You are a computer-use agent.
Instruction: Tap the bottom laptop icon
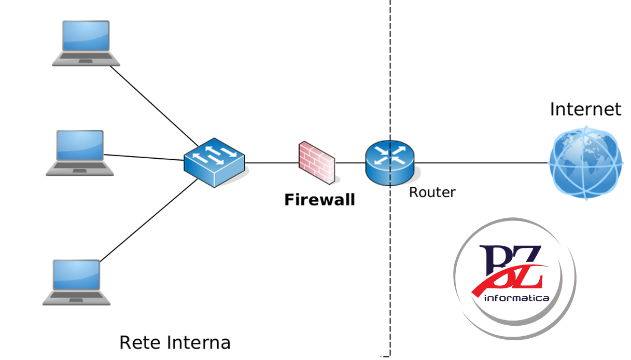coord(77,282)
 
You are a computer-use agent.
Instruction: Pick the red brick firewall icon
coord(316,162)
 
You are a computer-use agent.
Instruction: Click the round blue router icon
coord(389,162)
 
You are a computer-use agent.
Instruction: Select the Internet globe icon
coord(585,162)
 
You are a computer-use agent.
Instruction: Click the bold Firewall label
coord(319,200)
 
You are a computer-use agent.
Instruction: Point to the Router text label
coord(432,192)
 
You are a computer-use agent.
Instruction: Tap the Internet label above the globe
coord(585,109)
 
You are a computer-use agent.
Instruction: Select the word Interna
coord(199,343)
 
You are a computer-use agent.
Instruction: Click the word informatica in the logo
coord(516,298)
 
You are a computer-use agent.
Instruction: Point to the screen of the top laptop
coord(86,36)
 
